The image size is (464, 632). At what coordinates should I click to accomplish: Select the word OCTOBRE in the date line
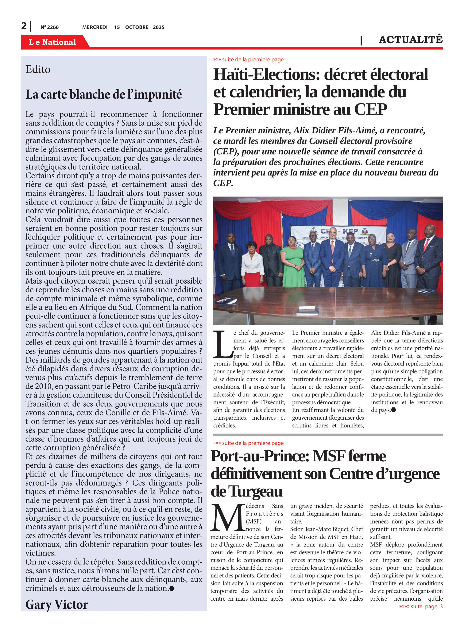[x=137, y=27]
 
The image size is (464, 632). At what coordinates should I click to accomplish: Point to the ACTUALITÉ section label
[x=410, y=40]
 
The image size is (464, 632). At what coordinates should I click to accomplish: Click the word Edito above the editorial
[x=38, y=69]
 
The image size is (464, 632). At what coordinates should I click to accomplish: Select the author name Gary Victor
[x=57, y=605]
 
